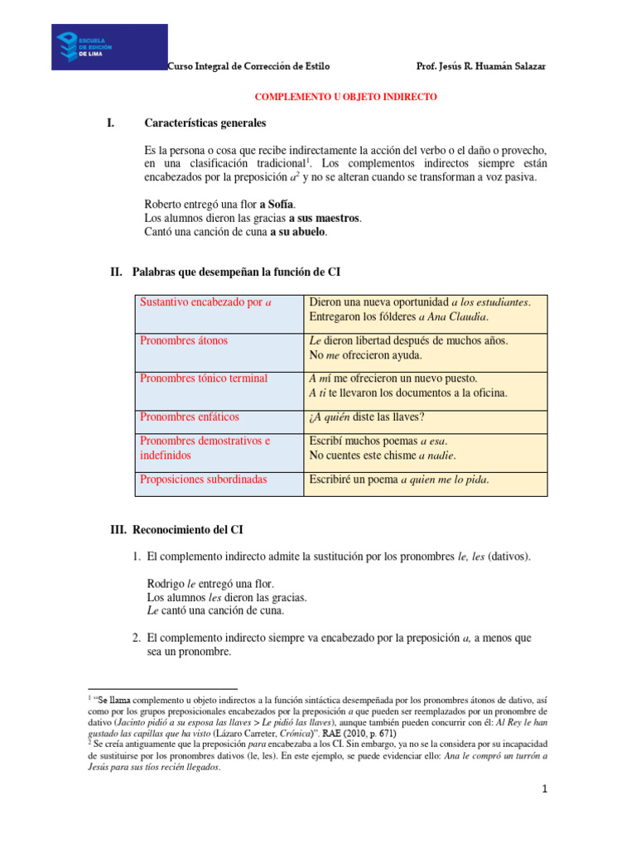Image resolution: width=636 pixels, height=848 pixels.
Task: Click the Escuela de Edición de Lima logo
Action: coord(108,46)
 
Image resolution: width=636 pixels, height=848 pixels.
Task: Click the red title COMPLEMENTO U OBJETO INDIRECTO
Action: coord(344,97)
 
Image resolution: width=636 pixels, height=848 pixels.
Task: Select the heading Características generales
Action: coord(205,123)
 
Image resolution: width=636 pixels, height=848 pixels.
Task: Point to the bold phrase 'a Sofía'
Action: coord(277,205)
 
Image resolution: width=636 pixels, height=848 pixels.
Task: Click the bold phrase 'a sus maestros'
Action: coord(325,218)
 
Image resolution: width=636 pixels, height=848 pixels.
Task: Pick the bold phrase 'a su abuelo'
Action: coord(298,232)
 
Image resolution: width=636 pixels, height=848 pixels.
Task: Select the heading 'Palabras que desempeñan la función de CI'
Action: coord(242,272)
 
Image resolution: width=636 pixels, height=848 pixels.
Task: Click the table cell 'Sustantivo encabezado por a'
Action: coord(206,302)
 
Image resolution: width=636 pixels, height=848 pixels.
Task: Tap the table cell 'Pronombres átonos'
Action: coord(184,340)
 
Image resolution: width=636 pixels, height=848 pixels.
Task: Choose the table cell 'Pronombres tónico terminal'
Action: coord(204,378)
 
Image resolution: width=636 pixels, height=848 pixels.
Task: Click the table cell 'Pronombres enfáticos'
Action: coord(190,417)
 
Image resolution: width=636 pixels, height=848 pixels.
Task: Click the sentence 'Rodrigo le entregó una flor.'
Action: coord(210,583)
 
